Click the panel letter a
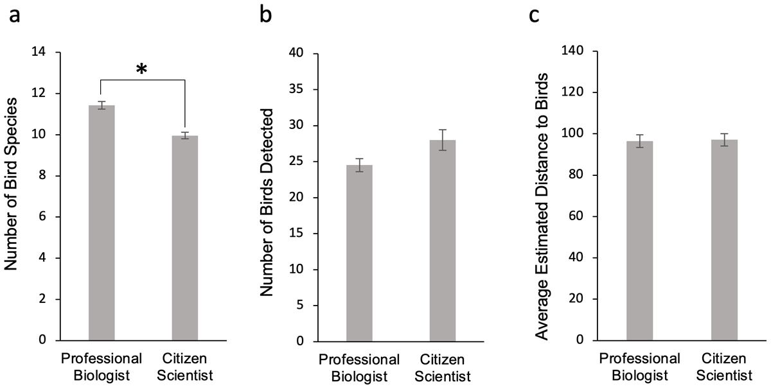(x=15, y=15)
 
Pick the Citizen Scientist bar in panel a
(x=185, y=238)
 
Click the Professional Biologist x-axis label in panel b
(x=359, y=367)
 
